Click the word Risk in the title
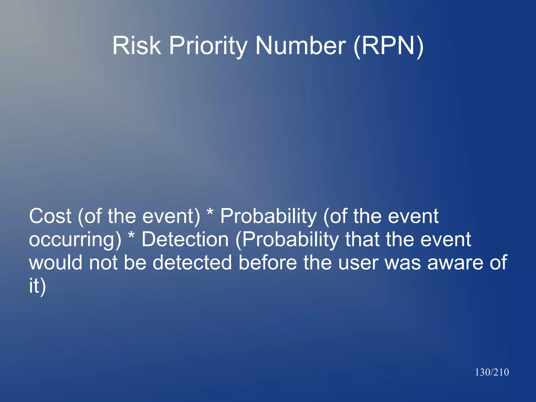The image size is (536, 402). click(137, 46)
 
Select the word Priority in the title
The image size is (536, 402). click(208, 46)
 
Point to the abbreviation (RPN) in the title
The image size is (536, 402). click(388, 46)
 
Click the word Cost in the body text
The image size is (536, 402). click(50, 216)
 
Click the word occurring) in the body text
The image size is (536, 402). click(75, 240)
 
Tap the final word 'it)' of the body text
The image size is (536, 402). click(37, 286)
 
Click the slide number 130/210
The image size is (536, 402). click(492, 372)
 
